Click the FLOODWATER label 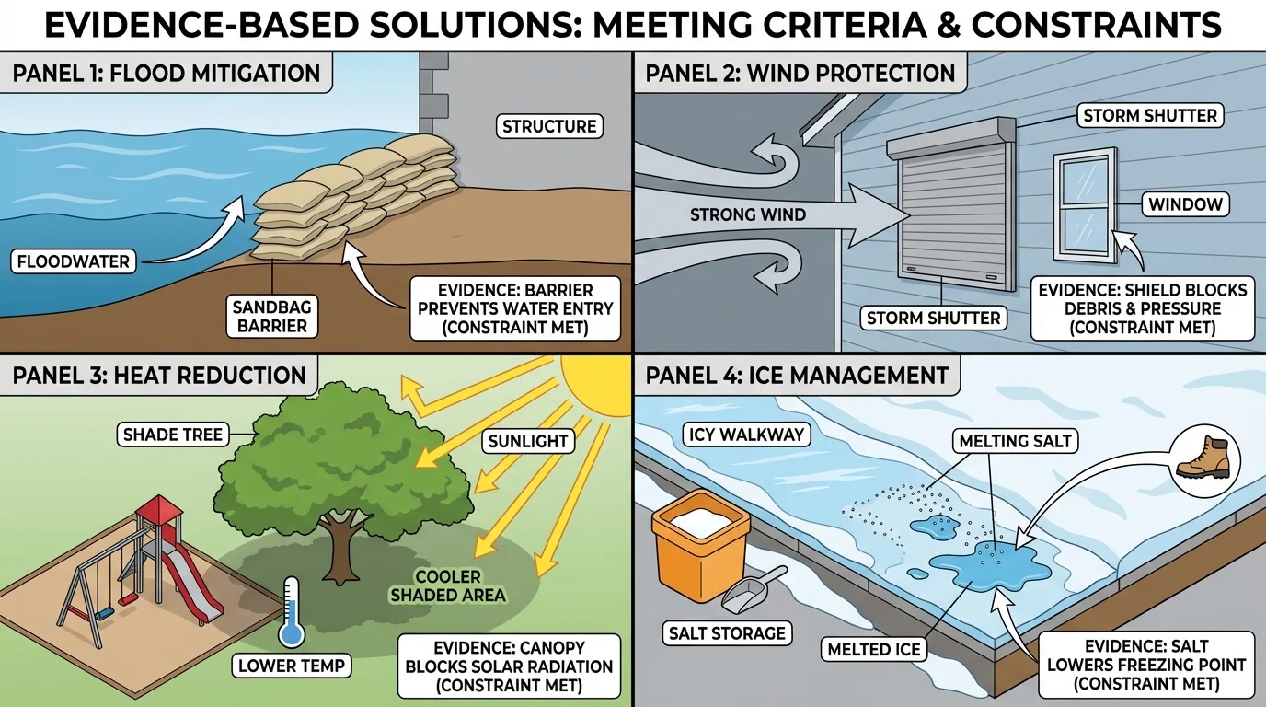tap(74, 261)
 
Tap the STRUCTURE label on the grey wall tap(550, 126)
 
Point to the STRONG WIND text tap(748, 215)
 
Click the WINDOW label tap(1185, 204)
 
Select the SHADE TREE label tap(172, 434)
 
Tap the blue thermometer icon tap(293, 613)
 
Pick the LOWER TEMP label tap(292, 666)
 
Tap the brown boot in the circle tap(1203, 457)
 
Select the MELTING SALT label tap(1015, 441)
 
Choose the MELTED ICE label tap(873, 649)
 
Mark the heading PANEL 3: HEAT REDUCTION tap(158, 376)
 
